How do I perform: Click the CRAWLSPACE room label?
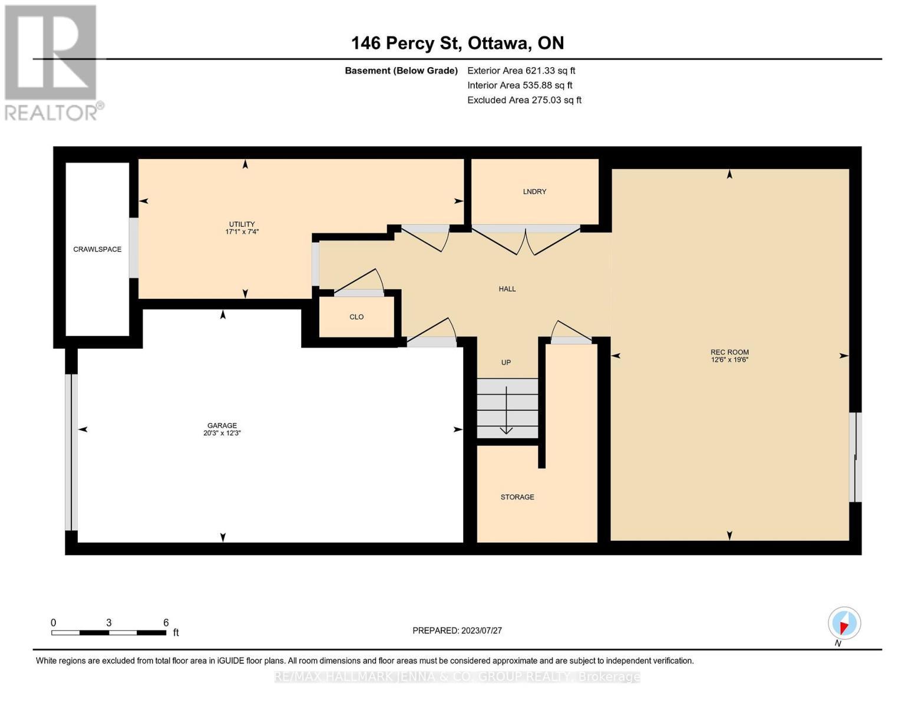pos(97,249)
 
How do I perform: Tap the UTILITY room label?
pos(242,224)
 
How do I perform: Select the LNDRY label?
pos(534,191)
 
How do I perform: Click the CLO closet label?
pos(356,317)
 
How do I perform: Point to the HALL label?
pos(507,289)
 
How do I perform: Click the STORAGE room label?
pos(517,497)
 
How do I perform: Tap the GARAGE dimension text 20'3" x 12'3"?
pos(222,433)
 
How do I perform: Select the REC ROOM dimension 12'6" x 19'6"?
pos(729,360)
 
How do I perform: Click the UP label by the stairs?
pos(506,363)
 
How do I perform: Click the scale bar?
pos(109,633)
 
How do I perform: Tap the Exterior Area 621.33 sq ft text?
pos(521,71)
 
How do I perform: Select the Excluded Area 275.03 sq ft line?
pos(524,100)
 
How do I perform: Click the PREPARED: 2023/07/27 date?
pos(457,630)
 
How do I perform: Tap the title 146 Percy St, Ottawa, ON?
pos(457,43)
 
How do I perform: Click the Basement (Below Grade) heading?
pos(401,71)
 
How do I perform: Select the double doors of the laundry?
pos(526,240)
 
